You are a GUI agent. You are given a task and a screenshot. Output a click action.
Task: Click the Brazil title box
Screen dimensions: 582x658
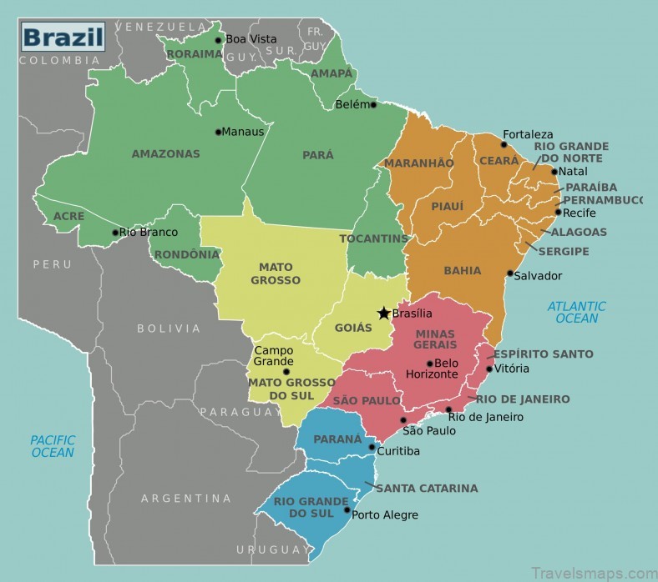[x=63, y=37]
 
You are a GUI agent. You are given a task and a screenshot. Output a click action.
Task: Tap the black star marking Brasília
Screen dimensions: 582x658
[x=383, y=314]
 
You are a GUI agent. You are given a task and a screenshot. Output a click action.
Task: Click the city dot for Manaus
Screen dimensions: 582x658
[x=218, y=132]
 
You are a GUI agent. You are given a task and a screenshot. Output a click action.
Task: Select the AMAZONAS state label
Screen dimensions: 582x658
[x=166, y=153]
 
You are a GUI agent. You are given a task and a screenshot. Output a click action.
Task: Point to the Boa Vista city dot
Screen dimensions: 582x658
[x=219, y=39]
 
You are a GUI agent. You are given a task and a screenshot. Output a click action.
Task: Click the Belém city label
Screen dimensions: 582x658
[x=351, y=105]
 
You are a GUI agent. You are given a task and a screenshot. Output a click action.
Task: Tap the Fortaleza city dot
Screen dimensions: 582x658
[x=504, y=144]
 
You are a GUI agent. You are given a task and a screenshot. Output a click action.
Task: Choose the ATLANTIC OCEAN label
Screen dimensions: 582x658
[x=576, y=312]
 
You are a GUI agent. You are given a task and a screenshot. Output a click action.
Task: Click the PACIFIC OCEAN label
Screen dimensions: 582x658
[x=53, y=446]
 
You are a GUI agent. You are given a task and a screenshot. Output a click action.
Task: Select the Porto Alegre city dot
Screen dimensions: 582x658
[x=347, y=509]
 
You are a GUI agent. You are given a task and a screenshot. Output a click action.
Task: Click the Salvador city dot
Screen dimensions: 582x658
[x=509, y=273]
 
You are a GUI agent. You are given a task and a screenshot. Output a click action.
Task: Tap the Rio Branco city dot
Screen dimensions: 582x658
[x=115, y=233]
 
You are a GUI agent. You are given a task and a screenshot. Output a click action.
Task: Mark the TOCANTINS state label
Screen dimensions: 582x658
[x=373, y=238]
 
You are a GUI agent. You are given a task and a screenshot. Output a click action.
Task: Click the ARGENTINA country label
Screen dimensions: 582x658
[x=185, y=499]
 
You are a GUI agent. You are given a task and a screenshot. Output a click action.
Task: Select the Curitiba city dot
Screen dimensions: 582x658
[x=372, y=447]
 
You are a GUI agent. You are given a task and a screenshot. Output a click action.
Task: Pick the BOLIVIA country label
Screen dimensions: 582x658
[x=169, y=329]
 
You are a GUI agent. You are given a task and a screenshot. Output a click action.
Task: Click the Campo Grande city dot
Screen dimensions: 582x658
[x=286, y=372]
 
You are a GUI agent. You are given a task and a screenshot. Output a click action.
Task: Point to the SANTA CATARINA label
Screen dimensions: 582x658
[x=426, y=488]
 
